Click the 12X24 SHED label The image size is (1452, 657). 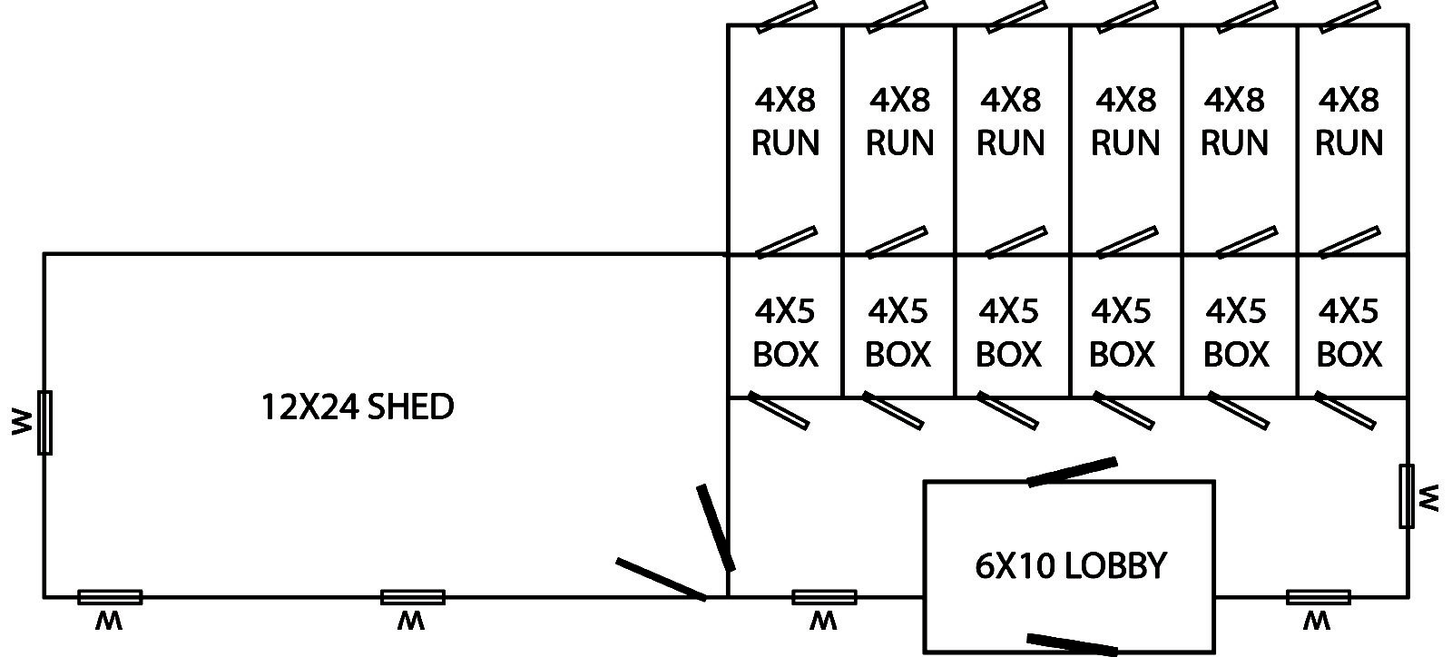(x=357, y=407)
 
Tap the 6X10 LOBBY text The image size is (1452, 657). (x=1070, y=565)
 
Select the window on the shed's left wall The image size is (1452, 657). (x=44, y=422)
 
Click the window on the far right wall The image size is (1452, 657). (x=1407, y=495)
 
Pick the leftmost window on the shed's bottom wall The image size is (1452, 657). (x=110, y=597)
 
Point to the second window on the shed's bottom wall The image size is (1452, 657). (x=413, y=597)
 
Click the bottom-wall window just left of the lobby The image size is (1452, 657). (x=824, y=597)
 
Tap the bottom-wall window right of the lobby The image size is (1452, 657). (x=1318, y=597)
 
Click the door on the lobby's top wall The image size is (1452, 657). (x=1072, y=472)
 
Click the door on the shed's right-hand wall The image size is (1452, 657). (x=715, y=527)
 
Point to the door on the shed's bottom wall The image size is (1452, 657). (x=661, y=579)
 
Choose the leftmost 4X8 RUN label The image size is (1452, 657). (x=786, y=121)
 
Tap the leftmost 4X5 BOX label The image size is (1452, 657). (x=786, y=332)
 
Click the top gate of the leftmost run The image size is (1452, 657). (x=786, y=16)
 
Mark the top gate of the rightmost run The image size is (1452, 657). (x=1350, y=16)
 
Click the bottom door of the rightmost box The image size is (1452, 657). (x=1345, y=409)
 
